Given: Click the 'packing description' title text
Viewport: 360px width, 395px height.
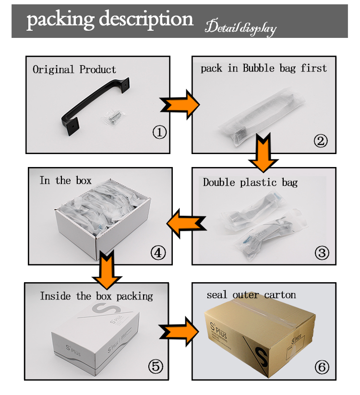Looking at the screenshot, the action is (110, 20).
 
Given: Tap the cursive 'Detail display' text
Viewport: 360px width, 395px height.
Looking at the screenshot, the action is (240, 28).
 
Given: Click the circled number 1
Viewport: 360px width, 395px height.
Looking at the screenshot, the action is (159, 132).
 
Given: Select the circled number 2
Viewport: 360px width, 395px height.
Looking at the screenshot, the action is (321, 141).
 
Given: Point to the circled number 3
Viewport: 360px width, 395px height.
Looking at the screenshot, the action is (322, 252).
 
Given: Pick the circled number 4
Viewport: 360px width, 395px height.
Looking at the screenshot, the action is (158, 252).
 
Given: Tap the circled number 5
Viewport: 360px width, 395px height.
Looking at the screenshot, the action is (156, 367).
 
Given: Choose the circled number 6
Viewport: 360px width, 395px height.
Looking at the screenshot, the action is (322, 367).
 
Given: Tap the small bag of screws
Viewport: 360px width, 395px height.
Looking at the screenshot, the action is (114, 117).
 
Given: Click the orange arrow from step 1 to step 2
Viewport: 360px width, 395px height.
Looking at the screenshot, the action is (180, 104).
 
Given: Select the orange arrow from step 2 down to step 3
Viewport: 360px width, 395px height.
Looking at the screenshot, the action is (263, 153).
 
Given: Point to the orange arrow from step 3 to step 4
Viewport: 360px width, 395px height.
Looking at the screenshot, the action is (186, 224).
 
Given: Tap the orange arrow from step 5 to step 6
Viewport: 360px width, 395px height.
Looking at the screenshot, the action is (179, 332).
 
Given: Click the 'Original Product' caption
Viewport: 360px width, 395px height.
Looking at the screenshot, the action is (74, 70).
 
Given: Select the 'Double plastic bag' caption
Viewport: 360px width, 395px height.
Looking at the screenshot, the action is (250, 182).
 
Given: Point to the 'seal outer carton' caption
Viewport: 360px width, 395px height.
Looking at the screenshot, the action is (252, 295).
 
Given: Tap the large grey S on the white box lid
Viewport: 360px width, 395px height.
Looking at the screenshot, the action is (105, 308).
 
